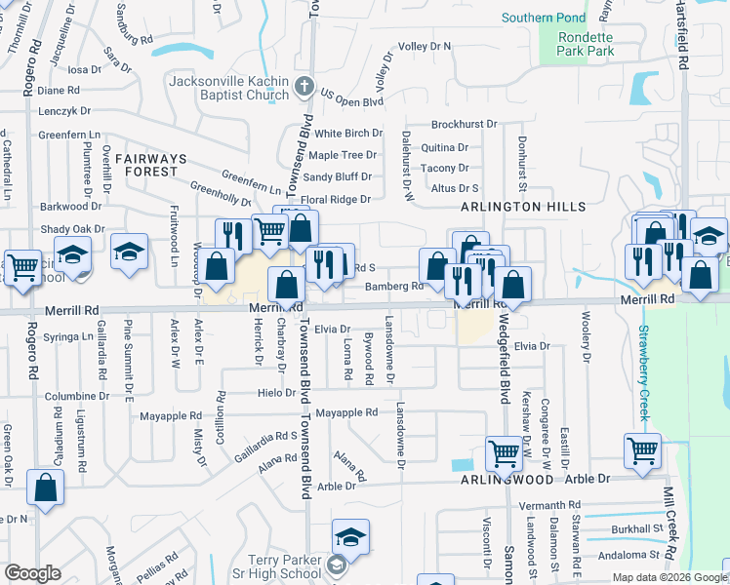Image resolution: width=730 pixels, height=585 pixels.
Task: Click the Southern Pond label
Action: click(544, 18)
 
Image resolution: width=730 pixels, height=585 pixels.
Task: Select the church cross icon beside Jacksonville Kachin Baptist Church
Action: click(304, 87)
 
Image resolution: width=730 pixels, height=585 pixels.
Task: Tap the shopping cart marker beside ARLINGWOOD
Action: click(504, 452)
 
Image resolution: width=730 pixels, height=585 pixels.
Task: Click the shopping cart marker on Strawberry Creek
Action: click(643, 449)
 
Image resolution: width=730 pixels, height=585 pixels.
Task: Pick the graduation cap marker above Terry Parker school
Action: click(349, 538)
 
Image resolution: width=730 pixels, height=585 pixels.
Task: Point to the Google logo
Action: click(32, 573)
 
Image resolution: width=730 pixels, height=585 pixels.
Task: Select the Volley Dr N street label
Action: click(425, 46)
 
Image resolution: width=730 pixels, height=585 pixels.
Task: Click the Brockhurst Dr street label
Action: click(465, 125)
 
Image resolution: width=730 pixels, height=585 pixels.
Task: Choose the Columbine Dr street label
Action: click(75, 397)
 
